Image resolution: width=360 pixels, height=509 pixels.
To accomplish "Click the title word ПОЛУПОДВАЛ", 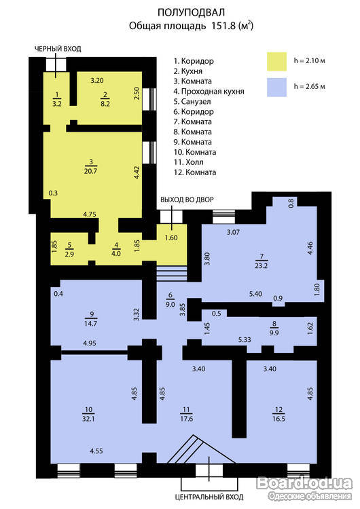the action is [x=191, y=12].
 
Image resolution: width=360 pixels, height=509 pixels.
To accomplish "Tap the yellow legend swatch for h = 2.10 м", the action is [x=277, y=61].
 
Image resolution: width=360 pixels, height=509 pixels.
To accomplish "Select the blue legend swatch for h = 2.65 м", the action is [x=277, y=87].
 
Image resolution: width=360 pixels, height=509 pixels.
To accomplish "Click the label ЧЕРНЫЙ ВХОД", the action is [x=58, y=49].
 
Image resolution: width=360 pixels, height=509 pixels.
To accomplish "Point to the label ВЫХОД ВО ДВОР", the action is [x=187, y=200].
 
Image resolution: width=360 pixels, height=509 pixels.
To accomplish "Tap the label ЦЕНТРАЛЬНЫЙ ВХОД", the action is [x=209, y=497].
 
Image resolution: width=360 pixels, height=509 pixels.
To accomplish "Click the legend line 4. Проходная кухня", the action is [x=209, y=92].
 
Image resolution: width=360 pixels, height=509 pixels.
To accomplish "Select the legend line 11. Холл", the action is [x=188, y=162].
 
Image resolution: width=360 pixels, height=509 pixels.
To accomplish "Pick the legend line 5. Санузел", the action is [x=192, y=102].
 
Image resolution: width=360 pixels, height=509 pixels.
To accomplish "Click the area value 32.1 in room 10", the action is [x=88, y=419].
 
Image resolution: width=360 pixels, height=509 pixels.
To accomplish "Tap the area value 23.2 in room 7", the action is [x=262, y=265].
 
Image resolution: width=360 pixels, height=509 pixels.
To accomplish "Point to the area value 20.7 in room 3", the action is [x=90, y=171].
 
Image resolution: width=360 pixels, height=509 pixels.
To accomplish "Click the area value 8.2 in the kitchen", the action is [x=105, y=105].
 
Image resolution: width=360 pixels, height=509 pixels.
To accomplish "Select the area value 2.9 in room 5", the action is [x=69, y=254].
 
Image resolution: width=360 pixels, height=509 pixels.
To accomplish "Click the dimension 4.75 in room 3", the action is [x=90, y=214].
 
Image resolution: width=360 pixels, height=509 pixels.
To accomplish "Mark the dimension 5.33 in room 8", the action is [x=245, y=339].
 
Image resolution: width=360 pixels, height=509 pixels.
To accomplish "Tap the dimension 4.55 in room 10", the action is [x=96, y=451].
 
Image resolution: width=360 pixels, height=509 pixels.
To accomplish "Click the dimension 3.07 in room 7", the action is [x=233, y=232].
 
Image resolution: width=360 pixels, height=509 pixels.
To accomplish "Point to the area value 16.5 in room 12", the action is [x=278, y=419].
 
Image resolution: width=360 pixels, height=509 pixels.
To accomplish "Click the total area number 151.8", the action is [x=223, y=26].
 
